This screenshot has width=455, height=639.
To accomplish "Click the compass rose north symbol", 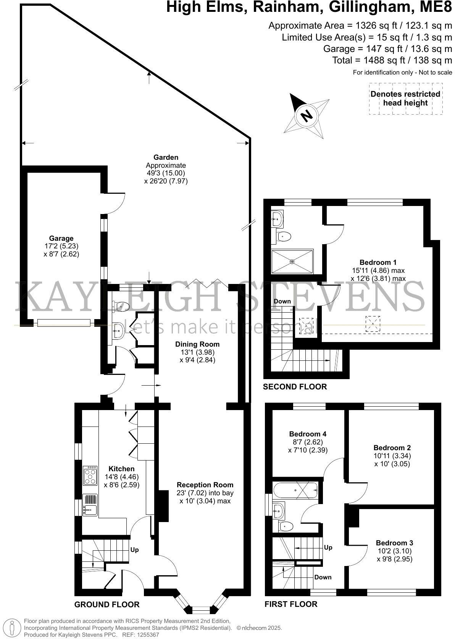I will (307, 115).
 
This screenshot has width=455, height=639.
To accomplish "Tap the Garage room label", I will (61, 238).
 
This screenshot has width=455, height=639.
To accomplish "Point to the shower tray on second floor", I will (292, 261).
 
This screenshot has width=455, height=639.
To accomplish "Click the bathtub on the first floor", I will (295, 490).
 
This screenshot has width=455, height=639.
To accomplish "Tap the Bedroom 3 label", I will (394, 543).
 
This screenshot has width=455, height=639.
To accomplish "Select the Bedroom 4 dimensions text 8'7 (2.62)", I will (308, 442).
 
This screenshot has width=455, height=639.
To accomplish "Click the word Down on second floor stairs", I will (282, 301).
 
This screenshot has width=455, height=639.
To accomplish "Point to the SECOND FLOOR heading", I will (295, 387).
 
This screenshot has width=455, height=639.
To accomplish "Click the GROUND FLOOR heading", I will (107, 604).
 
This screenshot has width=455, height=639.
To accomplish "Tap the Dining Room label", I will (197, 344).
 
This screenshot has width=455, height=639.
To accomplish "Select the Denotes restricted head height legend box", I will (405, 99).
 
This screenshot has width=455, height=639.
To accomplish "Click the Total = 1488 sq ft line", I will (392, 60).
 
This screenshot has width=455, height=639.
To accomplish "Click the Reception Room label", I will (205, 485).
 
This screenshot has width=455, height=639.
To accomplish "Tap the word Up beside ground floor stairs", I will (134, 550).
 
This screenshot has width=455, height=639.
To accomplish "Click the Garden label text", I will (166, 157).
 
